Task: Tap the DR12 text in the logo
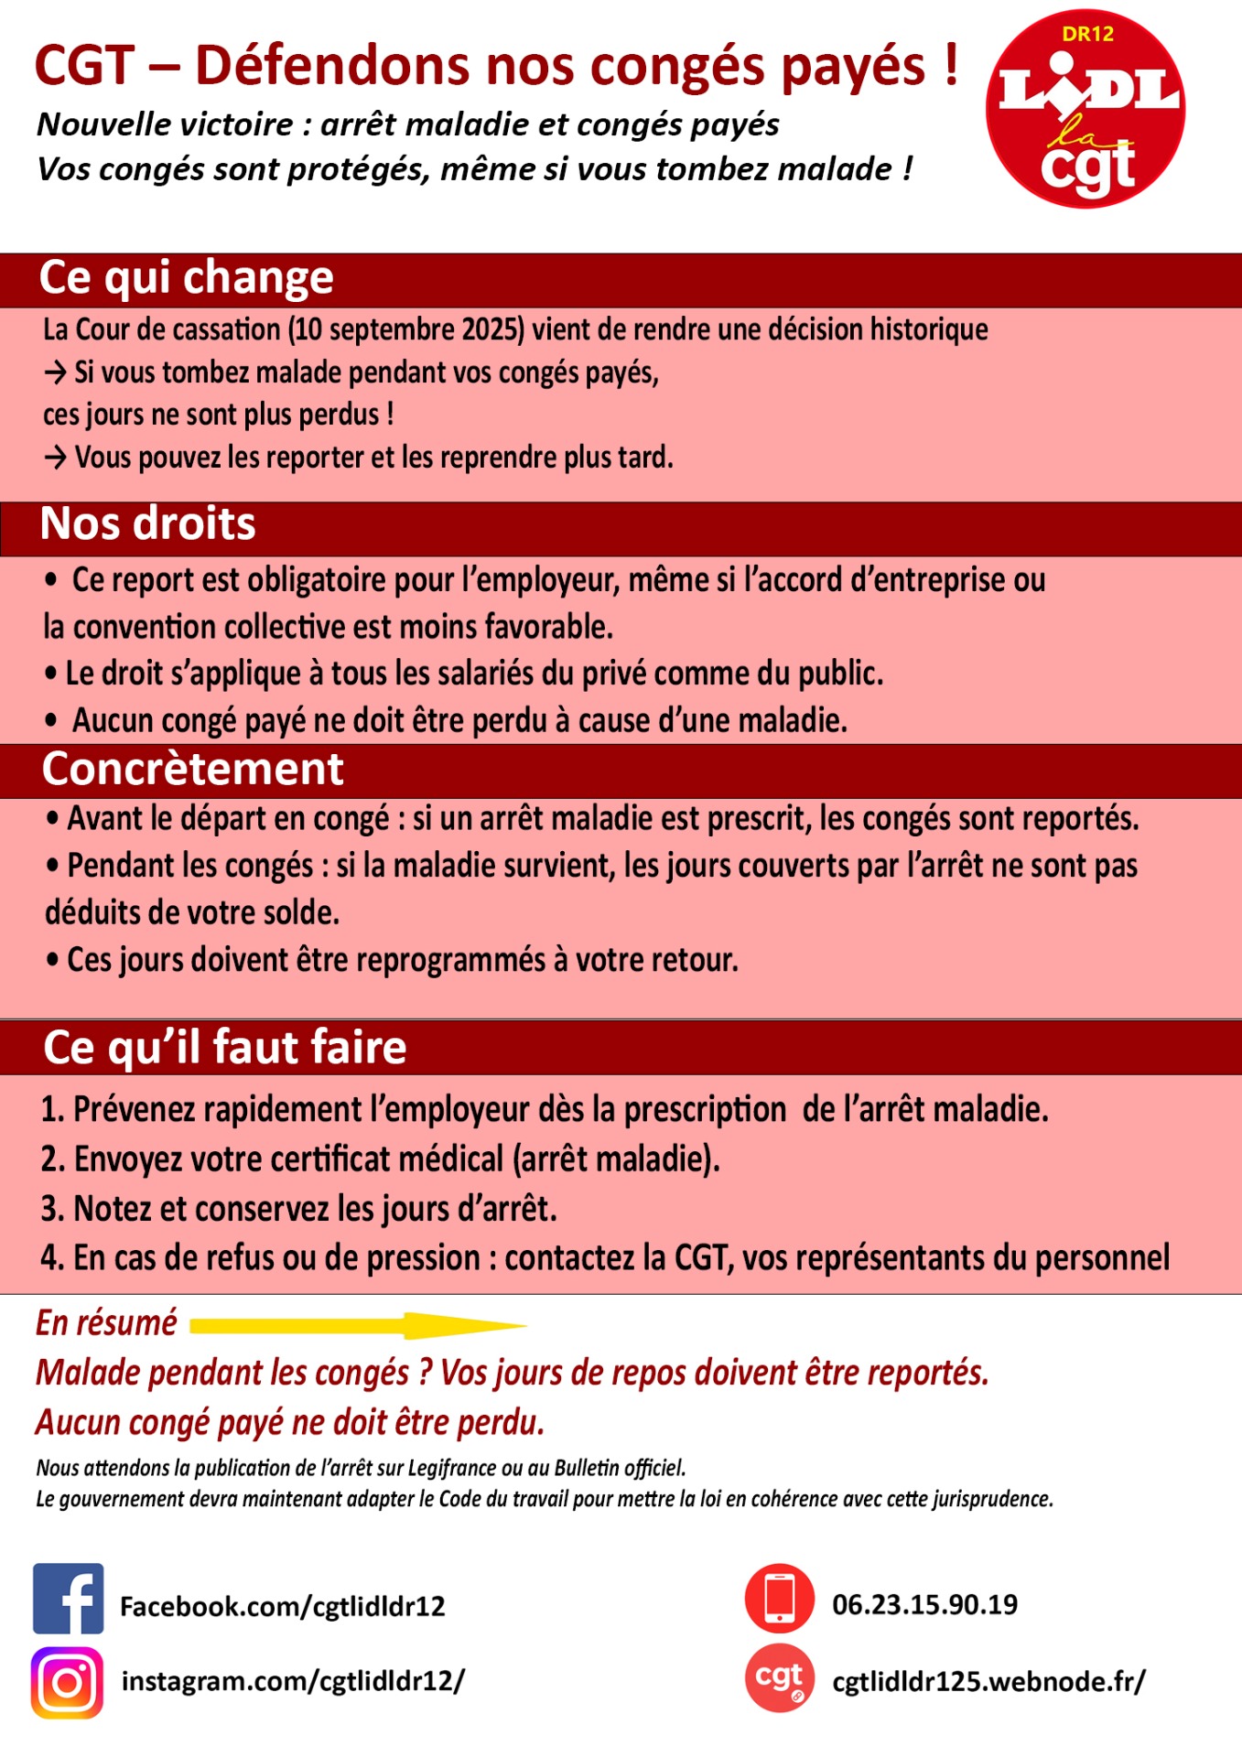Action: tap(1087, 35)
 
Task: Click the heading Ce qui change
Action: tap(186, 277)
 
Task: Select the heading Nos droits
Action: tap(147, 524)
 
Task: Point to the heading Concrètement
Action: tap(192, 769)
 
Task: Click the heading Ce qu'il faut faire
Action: tap(224, 1047)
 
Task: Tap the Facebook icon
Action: tap(68, 1599)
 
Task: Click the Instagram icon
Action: tap(67, 1682)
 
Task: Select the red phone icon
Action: tap(779, 1598)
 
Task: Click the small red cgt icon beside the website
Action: tap(779, 1677)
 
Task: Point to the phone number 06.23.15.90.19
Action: tap(924, 1604)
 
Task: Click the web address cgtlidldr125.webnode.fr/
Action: tap(988, 1681)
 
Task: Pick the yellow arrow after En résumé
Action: tap(357, 1324)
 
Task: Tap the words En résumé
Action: tap(106, 1323)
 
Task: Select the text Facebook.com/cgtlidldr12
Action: tap(282, 1606)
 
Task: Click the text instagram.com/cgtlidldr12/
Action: tap(293, 1681)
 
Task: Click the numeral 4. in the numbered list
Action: tap(51, 1258)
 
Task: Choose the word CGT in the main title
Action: tap(84, 66)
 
